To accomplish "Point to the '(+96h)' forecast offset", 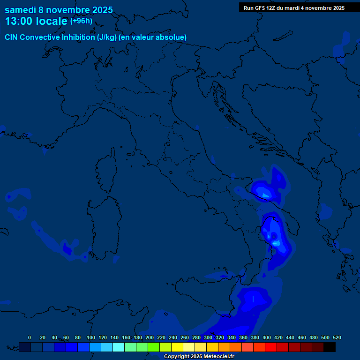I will pyautogui.click(x=81, y=21).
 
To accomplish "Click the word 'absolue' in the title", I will pyautogui.click(x=172, y=37).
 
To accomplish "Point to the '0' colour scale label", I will pyautogui.click(x=30, y=337).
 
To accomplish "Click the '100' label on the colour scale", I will pyautogui.click(x=91, y=337).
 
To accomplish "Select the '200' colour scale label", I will pyautogui.click(x=150, y=337).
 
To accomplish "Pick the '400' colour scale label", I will pyautogui.click(x=267, y=337).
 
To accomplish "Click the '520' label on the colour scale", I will pyautogui.click(x=337, y=337).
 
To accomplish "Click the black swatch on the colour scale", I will pyautogui.click(x=330, y=347).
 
